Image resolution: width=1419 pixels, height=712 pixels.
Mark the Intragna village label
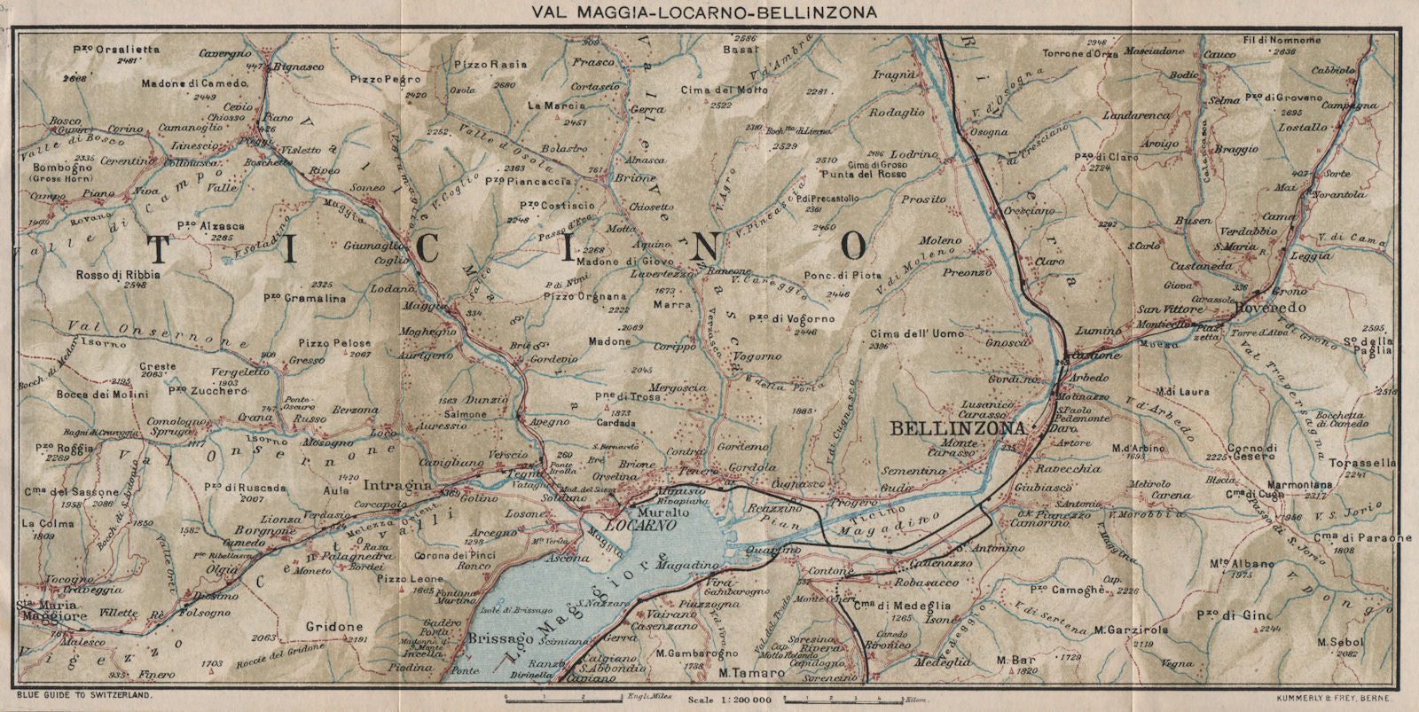[405, 486]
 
